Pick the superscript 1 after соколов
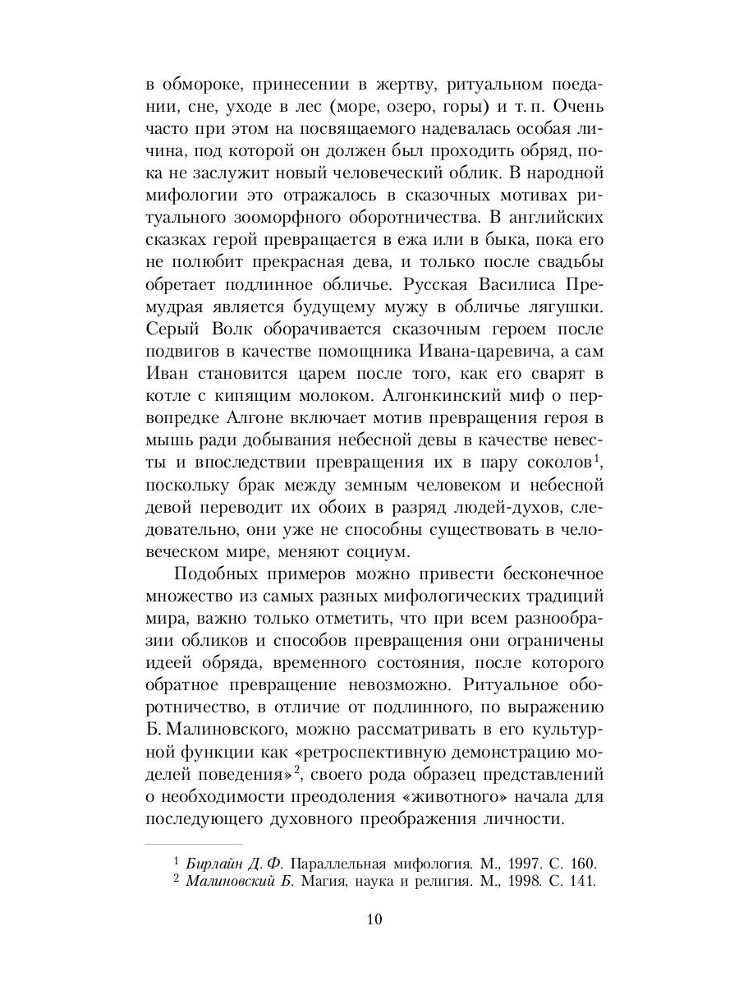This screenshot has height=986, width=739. point(598,455)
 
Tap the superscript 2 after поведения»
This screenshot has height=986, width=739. point(300,768)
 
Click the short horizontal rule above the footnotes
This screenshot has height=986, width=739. point(194,844)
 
